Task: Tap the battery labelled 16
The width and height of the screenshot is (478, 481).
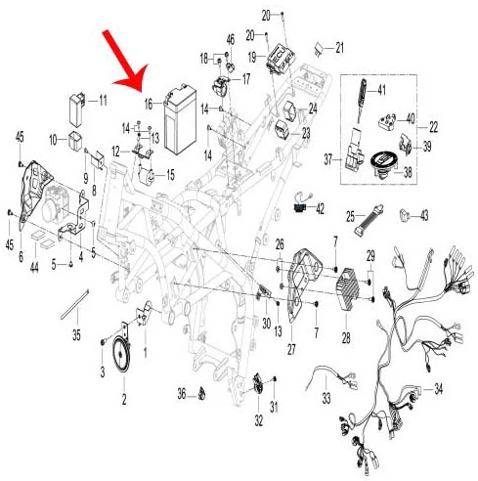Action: click(x=180, y=119)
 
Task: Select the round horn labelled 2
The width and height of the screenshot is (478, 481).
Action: click(x=121, y=355)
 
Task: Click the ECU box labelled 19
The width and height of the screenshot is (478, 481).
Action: click(x=281, y=59)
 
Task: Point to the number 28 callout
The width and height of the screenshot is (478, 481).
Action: click(x=346, y=338)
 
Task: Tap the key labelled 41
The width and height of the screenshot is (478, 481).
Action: click(x=362, y=100)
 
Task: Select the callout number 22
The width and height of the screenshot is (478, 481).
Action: click(x=433, y=127)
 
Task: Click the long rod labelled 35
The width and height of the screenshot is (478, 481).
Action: click(x=75, y=304)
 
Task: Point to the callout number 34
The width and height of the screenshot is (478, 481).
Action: click(x=439, y=389)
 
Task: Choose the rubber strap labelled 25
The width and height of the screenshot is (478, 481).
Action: click(x=369, y=220)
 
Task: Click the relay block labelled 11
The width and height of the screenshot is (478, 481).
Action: click(x=77, y=110)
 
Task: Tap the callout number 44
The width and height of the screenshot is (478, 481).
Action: click(x=34, y=267)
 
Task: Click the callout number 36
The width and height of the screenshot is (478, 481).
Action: click(x=182, y=394)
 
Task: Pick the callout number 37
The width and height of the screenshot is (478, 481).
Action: click(x=327, y=159)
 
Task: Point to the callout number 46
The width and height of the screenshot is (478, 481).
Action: click(x=231, y=40)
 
